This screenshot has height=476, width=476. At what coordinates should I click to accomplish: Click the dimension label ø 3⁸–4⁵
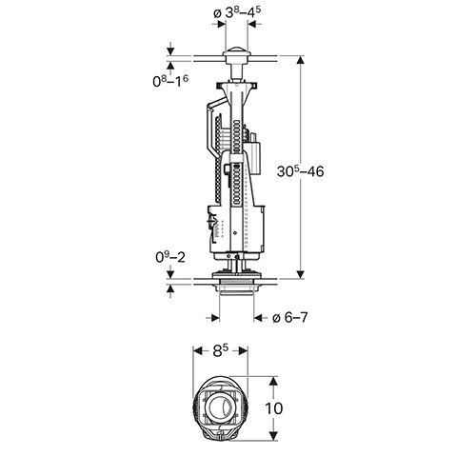[237, 12]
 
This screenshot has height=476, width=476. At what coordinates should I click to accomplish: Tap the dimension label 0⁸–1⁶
[170, 81]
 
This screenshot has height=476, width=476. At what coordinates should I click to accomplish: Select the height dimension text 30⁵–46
[300, 171]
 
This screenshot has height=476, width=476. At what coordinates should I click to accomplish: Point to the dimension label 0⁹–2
[170, 257]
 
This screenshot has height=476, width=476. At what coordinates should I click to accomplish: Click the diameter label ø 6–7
[290, 317]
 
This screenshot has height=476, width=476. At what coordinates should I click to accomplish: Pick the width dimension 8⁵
[221, 351]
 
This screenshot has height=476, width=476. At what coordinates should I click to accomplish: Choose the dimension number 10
[273, 408]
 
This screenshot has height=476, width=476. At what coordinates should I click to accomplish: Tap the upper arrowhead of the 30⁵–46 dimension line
[300, 60]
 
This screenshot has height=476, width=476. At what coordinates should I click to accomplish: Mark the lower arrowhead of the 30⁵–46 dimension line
[300, 275]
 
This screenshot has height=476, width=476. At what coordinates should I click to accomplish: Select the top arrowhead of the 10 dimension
[274, 381]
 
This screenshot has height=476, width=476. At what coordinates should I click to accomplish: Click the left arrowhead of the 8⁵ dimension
[197, 351]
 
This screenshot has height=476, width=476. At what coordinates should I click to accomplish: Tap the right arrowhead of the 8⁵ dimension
[243, 351]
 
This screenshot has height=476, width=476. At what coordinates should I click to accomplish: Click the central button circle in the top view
[220, 408]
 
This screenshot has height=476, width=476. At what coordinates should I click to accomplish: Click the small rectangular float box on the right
[255, 158]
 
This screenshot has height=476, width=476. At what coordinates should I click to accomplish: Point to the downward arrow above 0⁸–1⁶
[170, 50]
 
